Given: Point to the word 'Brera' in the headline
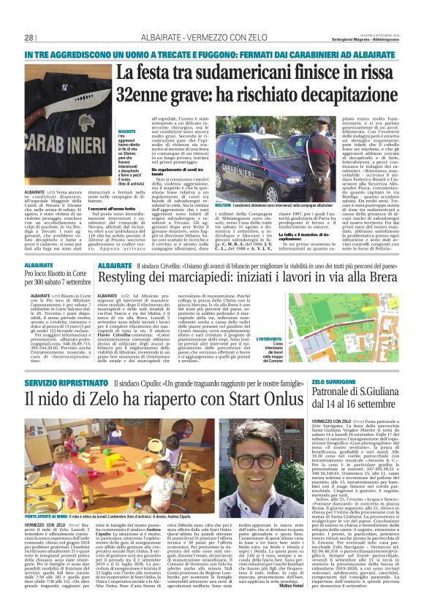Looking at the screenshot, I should point(379,279).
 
